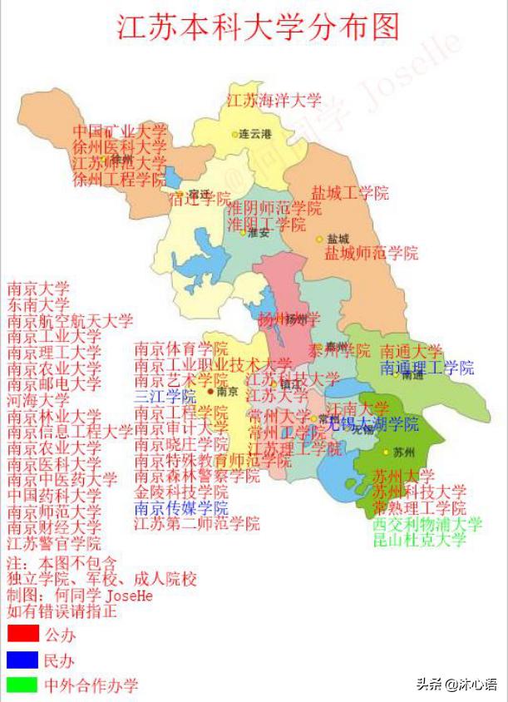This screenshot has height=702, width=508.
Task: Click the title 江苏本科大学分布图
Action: coord(258,27)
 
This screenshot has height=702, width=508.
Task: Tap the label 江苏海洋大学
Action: coord(274,101)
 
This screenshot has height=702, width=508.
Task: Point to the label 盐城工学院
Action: coord(350,193)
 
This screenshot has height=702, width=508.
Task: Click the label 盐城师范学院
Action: coord(371,253)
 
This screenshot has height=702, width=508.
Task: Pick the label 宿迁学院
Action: coord(200,198)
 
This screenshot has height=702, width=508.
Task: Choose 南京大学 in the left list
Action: coord(38,289)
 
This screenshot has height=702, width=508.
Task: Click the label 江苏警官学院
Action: coord(54,542)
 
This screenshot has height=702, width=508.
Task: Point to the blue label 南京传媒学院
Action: coord(180,507)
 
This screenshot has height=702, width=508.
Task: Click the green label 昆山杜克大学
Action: coord(418,539)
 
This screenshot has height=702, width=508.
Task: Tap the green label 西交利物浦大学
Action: coord(427,524)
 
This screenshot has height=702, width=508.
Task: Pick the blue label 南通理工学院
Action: coord(427,367)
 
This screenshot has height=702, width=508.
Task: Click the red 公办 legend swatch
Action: coord(22,634)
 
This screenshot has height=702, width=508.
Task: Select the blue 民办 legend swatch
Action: coord(22,660)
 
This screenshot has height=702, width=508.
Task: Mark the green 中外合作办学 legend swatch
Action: coord(22,685)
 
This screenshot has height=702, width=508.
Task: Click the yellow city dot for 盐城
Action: coord(319,240)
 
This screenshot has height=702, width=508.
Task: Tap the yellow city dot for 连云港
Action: coord(234,134)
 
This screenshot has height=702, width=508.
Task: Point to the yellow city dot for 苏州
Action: coord(386,452)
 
